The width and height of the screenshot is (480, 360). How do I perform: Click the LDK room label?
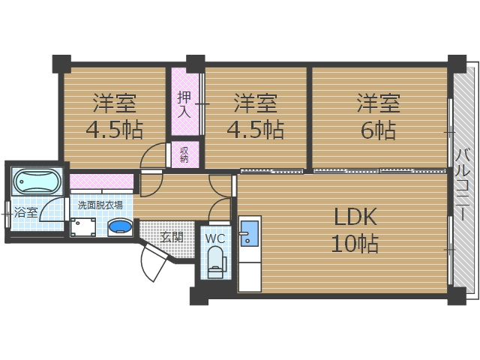pos(355,217)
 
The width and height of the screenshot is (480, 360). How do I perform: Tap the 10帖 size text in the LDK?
pos(355,244)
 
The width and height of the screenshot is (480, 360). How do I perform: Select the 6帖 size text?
pos(378,130)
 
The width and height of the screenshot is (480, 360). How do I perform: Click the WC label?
pos(215,239)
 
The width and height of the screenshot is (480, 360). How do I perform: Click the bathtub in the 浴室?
pos(36,181)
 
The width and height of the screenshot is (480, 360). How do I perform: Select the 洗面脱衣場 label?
pos(101,205)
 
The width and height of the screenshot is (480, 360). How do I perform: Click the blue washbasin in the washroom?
pos(120,226)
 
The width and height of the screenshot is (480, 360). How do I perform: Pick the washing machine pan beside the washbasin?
pos(83,226)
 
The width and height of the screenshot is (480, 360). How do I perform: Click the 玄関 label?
pos(172,237)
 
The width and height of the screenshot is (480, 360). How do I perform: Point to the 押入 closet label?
pos(184,105)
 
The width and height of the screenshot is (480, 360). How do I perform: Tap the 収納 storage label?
pos(184,154)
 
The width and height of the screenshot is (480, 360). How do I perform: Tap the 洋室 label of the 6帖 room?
pos(378,100)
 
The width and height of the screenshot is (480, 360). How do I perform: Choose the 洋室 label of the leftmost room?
pos(115,100)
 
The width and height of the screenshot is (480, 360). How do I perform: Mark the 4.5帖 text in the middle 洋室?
pos(255,130)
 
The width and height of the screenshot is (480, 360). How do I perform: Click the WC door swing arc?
pos(219,209)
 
